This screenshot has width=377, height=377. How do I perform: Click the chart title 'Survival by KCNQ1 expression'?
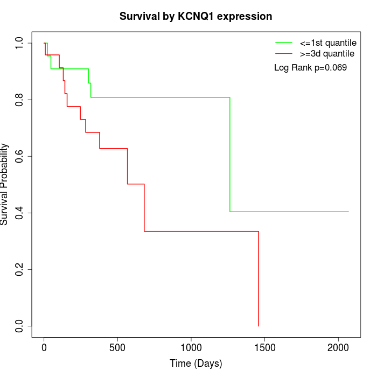(196, 16)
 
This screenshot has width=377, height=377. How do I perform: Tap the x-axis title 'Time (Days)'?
(196, 364)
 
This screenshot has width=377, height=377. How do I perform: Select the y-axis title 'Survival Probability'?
(5, 184)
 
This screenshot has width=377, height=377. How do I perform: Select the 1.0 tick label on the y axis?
(19, 43)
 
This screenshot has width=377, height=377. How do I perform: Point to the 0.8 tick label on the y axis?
(19, 100)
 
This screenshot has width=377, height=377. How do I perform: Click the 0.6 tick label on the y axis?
(19, 156)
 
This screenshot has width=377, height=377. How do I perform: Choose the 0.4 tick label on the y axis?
(19, 213)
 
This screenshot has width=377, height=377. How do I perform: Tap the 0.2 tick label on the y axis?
(19, 269)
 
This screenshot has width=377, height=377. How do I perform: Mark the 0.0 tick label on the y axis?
(19, 326)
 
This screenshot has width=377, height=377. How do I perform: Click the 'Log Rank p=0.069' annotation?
(310, 68)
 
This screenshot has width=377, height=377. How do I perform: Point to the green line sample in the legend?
(284, 42)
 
